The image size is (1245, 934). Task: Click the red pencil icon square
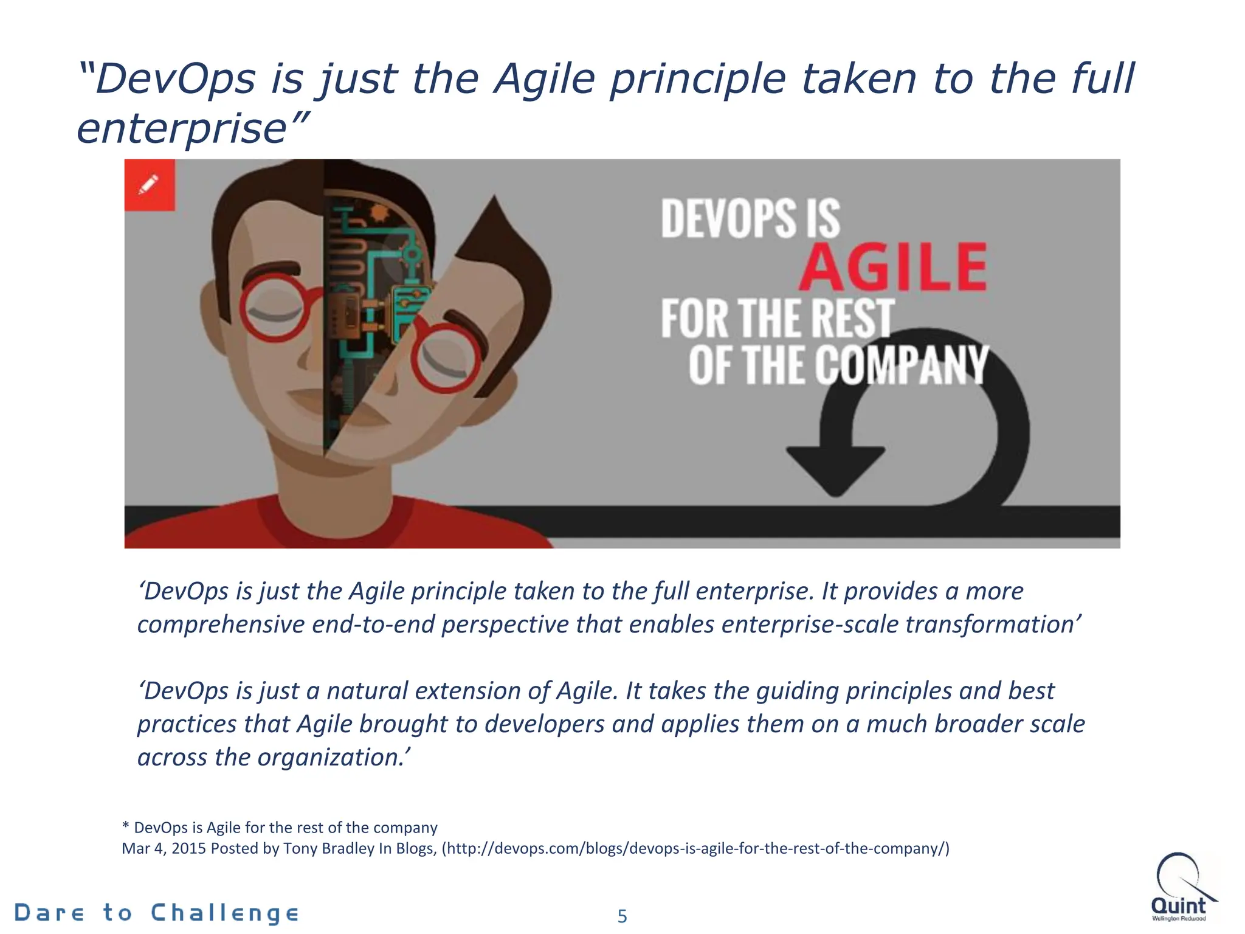[150, 185]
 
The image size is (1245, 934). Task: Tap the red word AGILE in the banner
[892, 267]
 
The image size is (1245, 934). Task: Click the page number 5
[622, 916]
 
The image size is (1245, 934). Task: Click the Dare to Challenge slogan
[156, 913]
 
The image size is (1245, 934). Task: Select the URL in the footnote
[695, 848]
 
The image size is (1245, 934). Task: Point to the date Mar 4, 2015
[164, 848]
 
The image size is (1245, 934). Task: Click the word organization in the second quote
[328, 758]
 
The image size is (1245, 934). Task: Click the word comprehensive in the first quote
[221, 624]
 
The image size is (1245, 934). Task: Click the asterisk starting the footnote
[126, 828]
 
